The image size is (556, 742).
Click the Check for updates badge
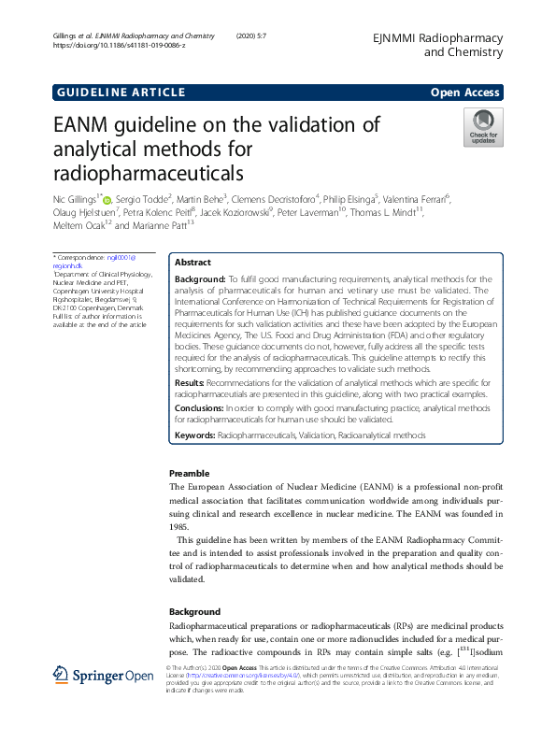point(482,127)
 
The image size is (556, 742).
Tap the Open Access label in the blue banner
point(464,93)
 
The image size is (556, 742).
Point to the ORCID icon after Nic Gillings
point(107,199)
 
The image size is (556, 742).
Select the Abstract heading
point(193,264)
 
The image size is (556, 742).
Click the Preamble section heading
point(190,474)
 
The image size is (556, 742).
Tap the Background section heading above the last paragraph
point(194,611)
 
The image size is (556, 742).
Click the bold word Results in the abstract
point(190,383)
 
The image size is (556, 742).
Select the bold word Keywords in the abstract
point(194,436)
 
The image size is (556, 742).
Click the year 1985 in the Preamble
point(178,526)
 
